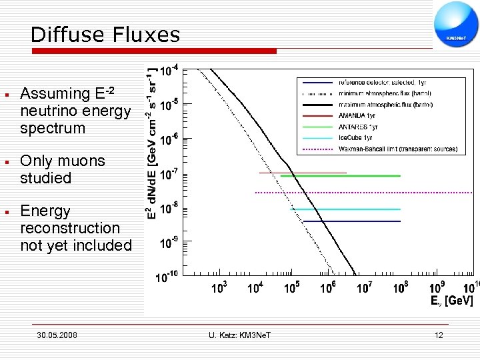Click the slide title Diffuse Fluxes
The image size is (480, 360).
pos(105,35)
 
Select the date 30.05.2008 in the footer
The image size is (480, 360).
pos(57,335)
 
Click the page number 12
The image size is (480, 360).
pos(438,335)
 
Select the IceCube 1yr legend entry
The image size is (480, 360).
pos(357,138)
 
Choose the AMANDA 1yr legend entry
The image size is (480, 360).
pos(357,115)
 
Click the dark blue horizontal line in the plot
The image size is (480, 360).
pos(360,221)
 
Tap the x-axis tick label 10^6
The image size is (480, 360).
pos(327,288)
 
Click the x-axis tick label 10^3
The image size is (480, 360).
pos(218,288)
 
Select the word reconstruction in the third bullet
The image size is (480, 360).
pos(70,228)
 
